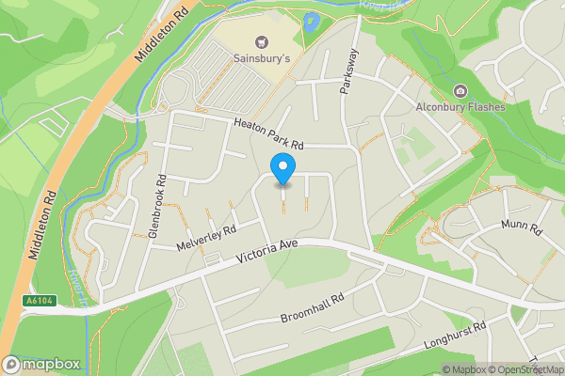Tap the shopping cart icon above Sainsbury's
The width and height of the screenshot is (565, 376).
tap(260, 41)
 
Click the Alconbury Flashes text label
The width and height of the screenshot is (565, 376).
tap(460, 107)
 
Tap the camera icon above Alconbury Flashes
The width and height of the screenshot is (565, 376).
tap(460, 91)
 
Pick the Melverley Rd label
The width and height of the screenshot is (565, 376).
tap(205, 237)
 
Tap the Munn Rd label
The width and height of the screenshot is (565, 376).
tap(523, 228)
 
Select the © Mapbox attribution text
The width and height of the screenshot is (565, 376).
tap(461, 369)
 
